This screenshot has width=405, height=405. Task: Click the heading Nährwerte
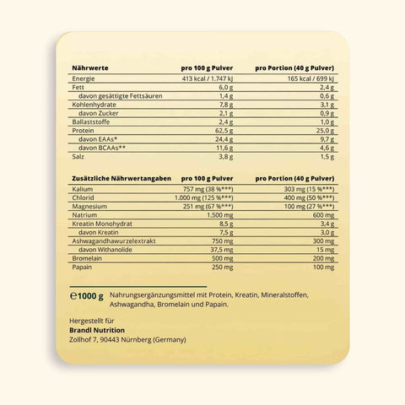coord(89,67)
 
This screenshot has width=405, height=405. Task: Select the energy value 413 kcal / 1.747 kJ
coord(202,78)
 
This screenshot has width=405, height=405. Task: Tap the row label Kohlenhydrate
coord(95,104)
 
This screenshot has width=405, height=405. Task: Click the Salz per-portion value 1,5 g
coord(325,157)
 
